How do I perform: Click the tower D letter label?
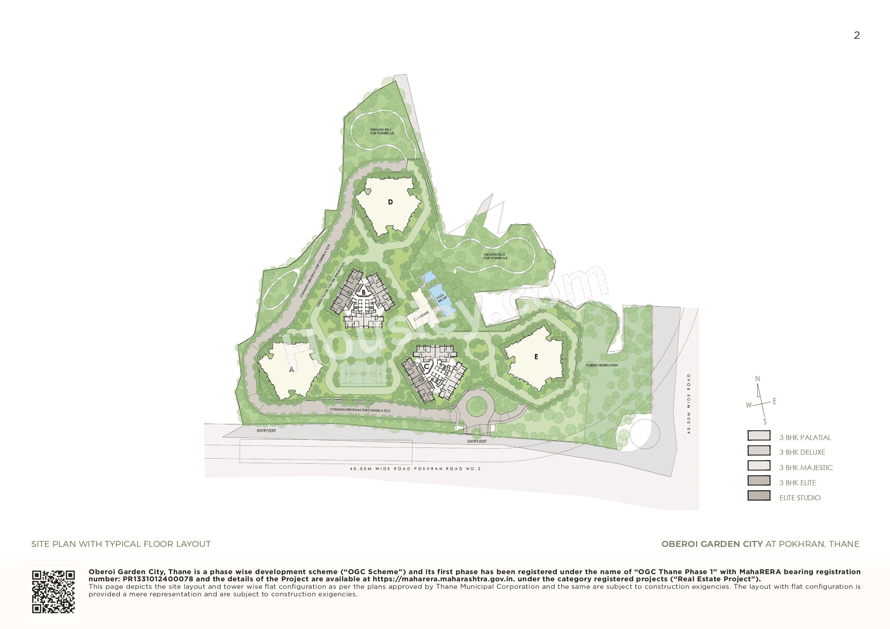pyautogui.click(x=390, y=202)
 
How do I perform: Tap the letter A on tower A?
pyautogui.click(x=292, y=370)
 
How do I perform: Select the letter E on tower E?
pyautogui.click(x=536, y=356)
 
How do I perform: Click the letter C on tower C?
pyautogui.click(x=427, y=366)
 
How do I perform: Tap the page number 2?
pyautogui.click(x=857, y=36)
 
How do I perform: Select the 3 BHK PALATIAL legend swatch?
pyautogui.click(x=759, y=436)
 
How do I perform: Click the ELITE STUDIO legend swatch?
pyautogui.click(x=759, y=496)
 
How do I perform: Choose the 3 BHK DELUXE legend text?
pyautogui.click(x=802, y=452)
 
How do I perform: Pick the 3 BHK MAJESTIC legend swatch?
pyautogui.click(x=759, y=465)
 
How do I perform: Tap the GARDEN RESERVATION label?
pyautogui.click(x=602, y=365)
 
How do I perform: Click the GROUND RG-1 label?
pyautogui.click(x=382, y=131)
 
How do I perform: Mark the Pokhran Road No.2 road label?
pyautogui.click(x=415, y=469)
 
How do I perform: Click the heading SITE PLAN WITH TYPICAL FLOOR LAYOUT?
pyautogui.click(x=121, y=544)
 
